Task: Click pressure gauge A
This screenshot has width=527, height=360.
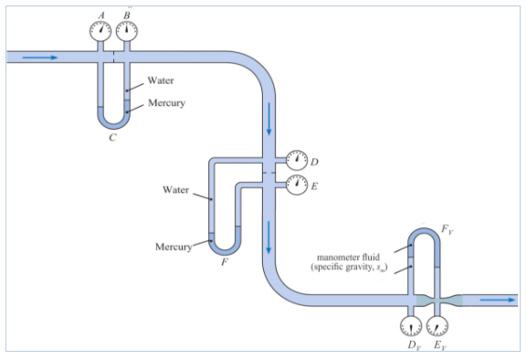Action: [100, 30]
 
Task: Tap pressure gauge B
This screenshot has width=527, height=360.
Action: [126, 30]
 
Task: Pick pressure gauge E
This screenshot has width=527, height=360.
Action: [295, 185]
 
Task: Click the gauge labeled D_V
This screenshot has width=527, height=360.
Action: [412, 325]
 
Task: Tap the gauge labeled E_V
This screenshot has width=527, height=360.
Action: [439, 325]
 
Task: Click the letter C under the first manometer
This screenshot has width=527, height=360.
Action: [111, 138]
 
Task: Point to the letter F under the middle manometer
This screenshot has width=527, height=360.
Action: [224, 261]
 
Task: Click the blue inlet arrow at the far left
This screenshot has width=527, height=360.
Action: [40, 57]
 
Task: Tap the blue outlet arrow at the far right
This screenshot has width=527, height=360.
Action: [498, 300]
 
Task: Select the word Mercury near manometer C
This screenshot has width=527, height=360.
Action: [165, 102]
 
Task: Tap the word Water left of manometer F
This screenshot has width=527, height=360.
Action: [175, 190]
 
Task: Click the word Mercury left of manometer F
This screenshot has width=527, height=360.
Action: [173, 247]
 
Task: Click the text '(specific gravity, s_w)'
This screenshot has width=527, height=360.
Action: [350, 268]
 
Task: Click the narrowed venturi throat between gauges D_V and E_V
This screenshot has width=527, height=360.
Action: [426, 300]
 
